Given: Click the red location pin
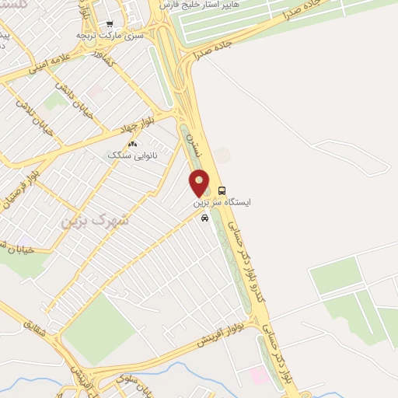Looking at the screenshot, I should coord(200,183).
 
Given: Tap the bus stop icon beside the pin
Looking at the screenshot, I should coord(222,190).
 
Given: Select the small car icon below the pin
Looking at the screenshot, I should coord(204,218).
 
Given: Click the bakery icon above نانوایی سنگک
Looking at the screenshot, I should coord(131,144).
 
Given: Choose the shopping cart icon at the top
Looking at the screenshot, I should coord(110,24).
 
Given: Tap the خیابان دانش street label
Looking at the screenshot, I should coord(79,101).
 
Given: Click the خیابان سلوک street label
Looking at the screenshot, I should coord(131,382).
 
